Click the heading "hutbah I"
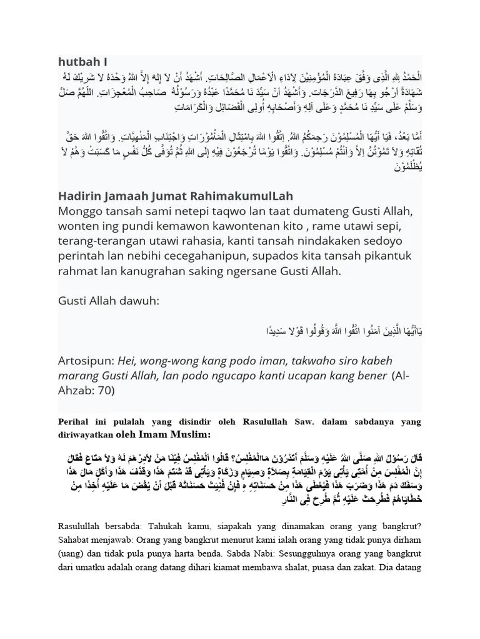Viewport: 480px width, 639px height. tap(82, 62)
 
